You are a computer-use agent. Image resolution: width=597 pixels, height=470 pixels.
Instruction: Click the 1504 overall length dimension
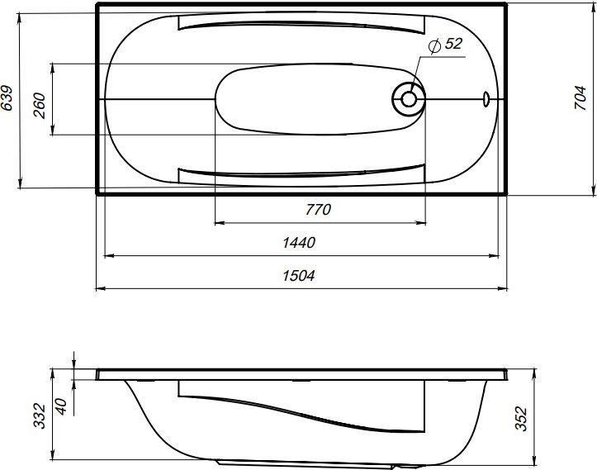coord(301,276)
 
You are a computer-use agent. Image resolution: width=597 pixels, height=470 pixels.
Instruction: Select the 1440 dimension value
coord(301,243)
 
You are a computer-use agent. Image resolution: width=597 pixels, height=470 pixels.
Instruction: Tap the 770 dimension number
coord(318,210)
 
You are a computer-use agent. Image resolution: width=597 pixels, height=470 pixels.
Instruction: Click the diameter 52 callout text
coord(447,45)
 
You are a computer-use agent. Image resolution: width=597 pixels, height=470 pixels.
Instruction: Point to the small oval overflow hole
coord(486,100)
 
